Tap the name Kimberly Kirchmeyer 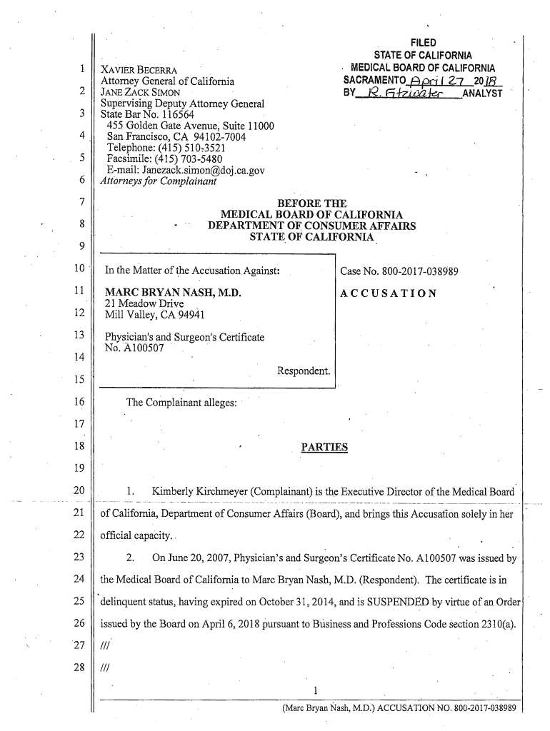[x=200, y=493]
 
